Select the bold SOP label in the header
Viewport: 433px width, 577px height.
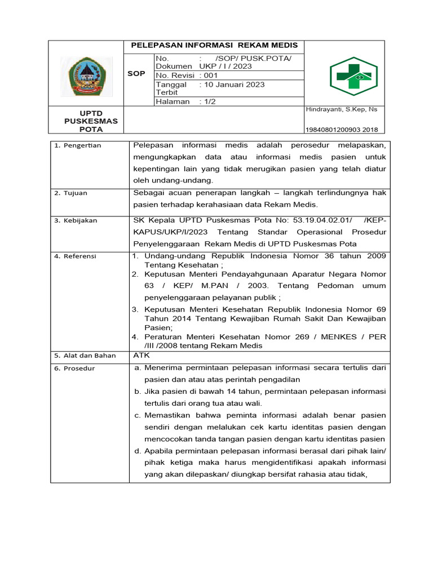[136, 73]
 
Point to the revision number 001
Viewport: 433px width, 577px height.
[210, 75]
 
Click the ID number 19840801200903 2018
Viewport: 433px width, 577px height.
[342, 129]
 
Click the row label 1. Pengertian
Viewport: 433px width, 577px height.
[77, 145]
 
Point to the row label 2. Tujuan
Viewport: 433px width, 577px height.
[71, 193]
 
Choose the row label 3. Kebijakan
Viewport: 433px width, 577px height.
[76, 220]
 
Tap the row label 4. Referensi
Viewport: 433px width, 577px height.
[75, 256]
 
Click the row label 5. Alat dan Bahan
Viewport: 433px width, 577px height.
[85, 356]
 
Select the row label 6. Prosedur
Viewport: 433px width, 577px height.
[74, 369]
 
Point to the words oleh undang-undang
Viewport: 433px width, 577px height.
[173, 180]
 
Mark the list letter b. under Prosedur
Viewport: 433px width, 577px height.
[137, 391]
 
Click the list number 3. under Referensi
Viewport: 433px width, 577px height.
[135, 309]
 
